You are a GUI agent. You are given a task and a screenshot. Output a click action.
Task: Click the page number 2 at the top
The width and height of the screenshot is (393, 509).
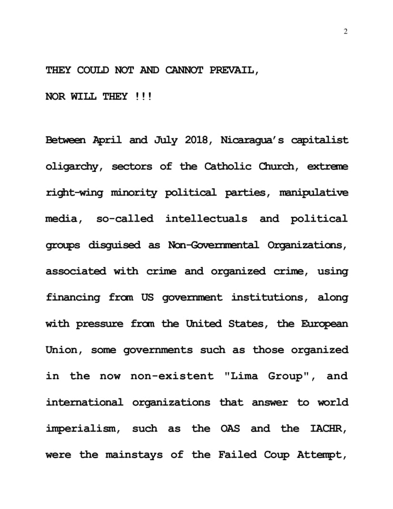345,31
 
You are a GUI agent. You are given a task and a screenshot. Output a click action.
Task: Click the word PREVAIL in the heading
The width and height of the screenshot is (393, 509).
234,71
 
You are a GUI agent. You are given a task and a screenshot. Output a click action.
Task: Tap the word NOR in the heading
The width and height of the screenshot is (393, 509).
56,97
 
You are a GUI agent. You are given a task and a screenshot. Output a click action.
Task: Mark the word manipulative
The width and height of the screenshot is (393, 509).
313,193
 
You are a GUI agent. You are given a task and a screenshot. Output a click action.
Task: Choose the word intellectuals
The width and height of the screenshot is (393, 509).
206,219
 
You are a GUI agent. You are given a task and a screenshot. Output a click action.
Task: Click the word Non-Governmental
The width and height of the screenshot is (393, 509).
213,245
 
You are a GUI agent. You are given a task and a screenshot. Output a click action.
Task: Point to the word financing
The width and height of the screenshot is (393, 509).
73,297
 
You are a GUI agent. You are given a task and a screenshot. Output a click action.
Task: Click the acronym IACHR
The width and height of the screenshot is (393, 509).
328,428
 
